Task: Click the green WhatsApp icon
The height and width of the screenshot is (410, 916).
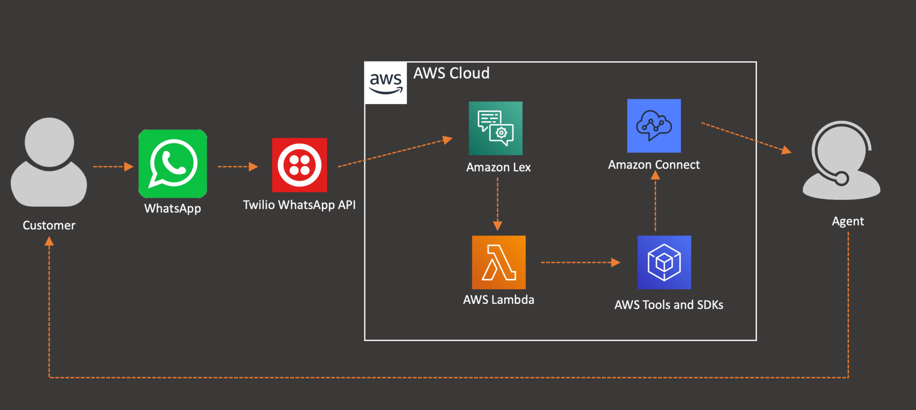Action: pos(173,164)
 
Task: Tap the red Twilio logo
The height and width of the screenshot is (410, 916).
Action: pos(299,165)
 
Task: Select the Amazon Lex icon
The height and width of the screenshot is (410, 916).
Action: pos(495,128)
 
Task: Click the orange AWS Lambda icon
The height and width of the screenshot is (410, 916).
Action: pos(499,262)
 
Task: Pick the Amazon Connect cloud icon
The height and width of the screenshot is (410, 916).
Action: pos(654,126)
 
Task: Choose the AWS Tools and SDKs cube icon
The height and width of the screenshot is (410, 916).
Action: pos(664,262)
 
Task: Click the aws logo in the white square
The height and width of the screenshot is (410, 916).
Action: pos(386,83)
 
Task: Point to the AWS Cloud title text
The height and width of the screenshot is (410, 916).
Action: pos(451,73)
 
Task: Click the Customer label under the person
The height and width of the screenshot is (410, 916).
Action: pos(49,225)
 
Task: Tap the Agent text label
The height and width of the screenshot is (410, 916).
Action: pos(848,221)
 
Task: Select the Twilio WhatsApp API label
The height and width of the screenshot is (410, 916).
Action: pos(299,205)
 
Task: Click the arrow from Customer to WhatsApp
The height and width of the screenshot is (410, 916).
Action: pos(113,167)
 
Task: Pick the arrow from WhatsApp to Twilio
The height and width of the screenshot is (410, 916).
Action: pos(237,167)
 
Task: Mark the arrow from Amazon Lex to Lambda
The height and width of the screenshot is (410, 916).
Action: pos(497,204)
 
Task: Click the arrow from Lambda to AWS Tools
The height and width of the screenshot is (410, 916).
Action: pos(580,262)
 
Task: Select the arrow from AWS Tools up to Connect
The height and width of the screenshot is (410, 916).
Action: pos(655,201)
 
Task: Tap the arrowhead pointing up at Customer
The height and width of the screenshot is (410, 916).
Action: pos(49,242)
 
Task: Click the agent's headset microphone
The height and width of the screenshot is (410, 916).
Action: pos(841,178)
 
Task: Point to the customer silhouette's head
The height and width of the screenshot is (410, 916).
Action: pos(49,142)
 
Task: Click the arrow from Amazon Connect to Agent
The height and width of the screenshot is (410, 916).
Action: pos(746,138)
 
